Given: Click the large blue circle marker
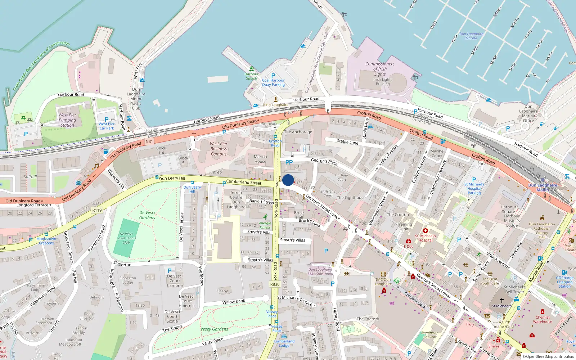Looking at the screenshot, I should click(x=288, y=180).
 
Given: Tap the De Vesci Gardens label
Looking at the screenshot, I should click(x=147, y=215).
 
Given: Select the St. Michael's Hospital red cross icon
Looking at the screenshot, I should click(x=425, y=230).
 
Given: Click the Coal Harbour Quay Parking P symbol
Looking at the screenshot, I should click(x=273, y=76).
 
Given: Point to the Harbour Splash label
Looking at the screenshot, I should click(x=251, y=76).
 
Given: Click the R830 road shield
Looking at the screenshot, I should click(x=275, y=284).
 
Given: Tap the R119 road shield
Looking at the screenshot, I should click(x=97, y=210).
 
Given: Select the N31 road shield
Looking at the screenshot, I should click(x=149, y=141).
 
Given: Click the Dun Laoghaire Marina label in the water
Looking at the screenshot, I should click(x=471, y=36).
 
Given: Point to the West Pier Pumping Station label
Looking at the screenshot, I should click(x=67, y=120).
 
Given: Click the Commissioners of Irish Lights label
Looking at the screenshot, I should click(x=380, y=69).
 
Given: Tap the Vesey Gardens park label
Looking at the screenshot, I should click(x=214, y=329).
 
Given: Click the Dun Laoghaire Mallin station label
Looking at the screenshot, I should click(x=543, y=188).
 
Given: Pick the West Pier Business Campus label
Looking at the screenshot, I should click(x=219, y=149).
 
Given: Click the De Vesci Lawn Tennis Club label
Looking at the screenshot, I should click(x=126, y=238).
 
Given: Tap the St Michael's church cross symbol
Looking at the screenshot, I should click(x=501, y=300).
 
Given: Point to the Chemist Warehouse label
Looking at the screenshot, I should click(x=542, y=319).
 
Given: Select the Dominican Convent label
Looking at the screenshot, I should click(x=430, y=335).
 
